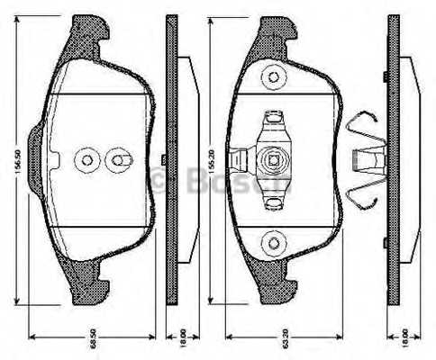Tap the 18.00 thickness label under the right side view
404,338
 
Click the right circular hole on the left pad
117,160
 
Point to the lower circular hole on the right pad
271,241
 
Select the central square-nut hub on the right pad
270,160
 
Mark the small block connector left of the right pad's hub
239,160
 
